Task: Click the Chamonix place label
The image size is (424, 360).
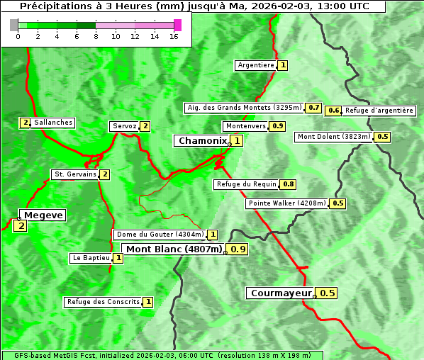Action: [202, 141]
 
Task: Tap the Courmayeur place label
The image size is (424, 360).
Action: [281, 293]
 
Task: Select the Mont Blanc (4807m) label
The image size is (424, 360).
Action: [174, 249]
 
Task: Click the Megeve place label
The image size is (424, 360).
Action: [43, 215]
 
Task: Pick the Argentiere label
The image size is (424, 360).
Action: [256, 65]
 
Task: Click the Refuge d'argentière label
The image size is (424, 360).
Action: [379, 111]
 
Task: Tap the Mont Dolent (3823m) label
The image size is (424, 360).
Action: [334, 137]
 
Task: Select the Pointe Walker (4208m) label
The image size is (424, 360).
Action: [287, 203]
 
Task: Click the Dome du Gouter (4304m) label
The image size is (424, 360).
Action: [160, 235]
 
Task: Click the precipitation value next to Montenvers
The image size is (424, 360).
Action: [278, 126]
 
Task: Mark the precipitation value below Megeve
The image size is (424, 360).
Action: [20, 226]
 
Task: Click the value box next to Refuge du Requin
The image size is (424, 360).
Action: [288, 184]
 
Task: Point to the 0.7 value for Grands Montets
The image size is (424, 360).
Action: [314, 108]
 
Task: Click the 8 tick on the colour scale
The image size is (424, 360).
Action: [96, 36]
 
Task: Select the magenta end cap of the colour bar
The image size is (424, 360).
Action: [177, 25]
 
